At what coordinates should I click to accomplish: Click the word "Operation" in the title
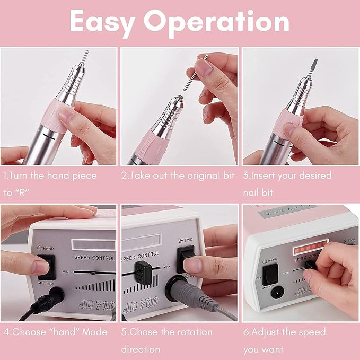click(217, 22)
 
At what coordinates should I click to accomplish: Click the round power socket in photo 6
click(276, 292)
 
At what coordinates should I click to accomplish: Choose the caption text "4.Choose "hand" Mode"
click(55, 332)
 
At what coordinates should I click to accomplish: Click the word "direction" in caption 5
click(141, 349)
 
